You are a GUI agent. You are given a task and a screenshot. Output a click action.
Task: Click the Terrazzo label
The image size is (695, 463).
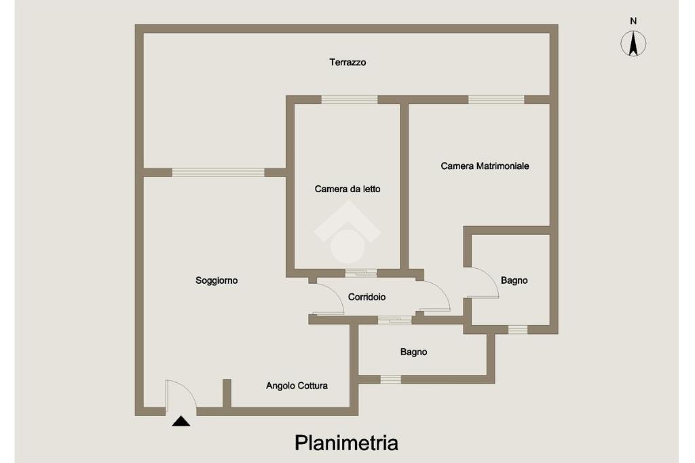(347, 62)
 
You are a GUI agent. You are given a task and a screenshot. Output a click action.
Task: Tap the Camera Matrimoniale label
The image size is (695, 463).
(485, 166)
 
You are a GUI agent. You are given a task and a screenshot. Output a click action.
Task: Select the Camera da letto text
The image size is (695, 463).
(347, 189)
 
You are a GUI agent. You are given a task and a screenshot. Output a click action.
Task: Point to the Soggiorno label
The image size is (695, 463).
(217, 280)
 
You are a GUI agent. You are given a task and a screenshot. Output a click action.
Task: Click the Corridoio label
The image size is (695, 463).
(367, 297)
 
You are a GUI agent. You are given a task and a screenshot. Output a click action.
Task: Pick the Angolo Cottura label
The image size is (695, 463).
(297, 386)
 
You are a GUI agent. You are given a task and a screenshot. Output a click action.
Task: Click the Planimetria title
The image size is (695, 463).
(346, 443)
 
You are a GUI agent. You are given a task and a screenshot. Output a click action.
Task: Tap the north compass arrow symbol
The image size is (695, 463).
(633, 44)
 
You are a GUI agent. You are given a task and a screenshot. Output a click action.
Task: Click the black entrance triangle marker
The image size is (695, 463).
(181, 422)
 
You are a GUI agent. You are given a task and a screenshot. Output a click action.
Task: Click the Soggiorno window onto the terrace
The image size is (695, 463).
(218, 172)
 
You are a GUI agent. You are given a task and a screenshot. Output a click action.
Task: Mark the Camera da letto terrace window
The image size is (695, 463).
(349, 99)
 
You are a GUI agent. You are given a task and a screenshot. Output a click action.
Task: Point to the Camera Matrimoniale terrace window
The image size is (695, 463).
(496, 99)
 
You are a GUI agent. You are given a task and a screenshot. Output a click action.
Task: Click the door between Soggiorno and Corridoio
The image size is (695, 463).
(328, 299)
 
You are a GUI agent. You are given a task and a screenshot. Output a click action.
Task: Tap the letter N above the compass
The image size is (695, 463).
(633, 21)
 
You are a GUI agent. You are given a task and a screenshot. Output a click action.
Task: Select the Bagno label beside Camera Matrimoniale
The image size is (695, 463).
(514, 280)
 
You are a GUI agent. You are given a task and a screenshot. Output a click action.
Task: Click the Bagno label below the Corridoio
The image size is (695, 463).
(413, 352)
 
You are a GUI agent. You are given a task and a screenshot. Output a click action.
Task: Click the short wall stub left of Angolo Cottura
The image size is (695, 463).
(227, 393)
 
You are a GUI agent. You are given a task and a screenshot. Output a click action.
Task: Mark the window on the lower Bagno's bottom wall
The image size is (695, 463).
(390, 379)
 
